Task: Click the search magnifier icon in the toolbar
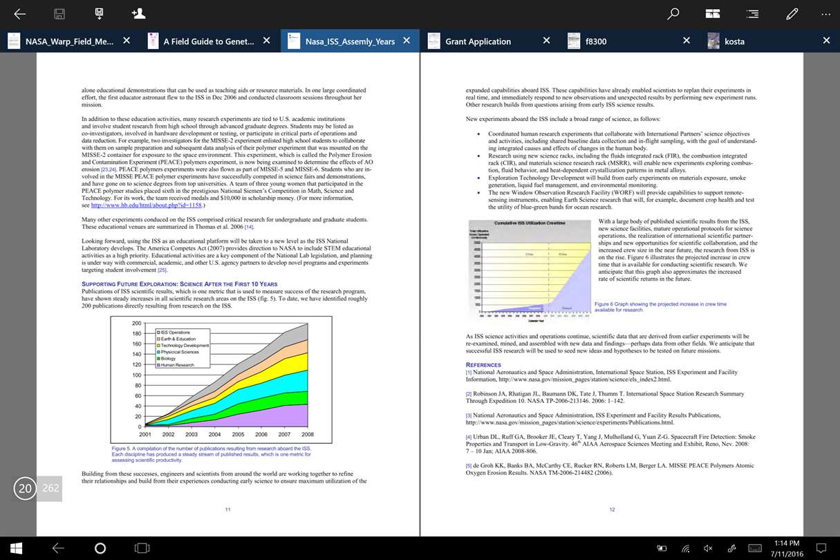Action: pos(673,14)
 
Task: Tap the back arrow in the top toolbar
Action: pos(20,14)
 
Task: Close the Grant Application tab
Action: pos(546,41)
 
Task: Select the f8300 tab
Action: pos(595,41)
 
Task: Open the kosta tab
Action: pos(734,41)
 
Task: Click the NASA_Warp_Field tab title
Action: pos(69,41)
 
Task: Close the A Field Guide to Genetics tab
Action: pos(267,41)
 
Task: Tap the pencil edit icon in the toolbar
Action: pos(792,14)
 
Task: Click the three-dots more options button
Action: pos(826,14)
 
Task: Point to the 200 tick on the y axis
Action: pos(136,324)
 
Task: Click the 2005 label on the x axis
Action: pos(238,435)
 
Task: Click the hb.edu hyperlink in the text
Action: pos(147,205)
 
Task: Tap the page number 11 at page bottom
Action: pos(227,510)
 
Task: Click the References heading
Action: pos(483,364)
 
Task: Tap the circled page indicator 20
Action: pos(25,489)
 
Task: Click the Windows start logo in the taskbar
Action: pos(17,548)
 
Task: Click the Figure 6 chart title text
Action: pos(530,223)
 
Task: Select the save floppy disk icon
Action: pos(59,14)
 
